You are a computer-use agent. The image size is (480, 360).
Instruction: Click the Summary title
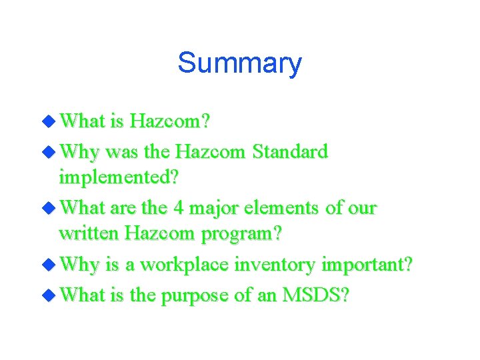[239, 63]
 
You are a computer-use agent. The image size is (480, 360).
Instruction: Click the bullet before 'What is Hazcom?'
[51, 121]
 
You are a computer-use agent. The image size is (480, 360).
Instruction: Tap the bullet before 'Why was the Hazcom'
[51, 151]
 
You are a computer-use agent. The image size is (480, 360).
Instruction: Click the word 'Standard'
[291, 152]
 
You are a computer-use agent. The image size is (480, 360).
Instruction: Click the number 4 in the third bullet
[178, 209]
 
